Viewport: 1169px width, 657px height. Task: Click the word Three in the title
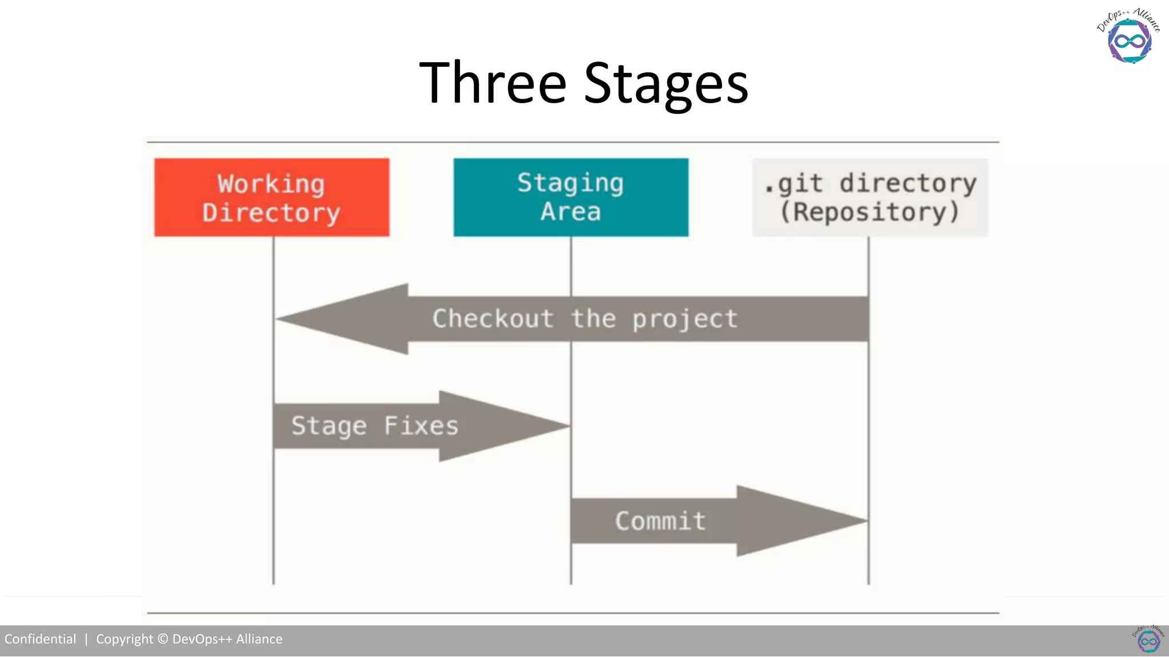[492, 83]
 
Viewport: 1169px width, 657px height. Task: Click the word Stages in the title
[666, 84]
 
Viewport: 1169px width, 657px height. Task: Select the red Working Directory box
[272, 197]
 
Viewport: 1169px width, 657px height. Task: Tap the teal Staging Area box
[571, 197]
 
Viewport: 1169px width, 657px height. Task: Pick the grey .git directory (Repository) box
[870, 197]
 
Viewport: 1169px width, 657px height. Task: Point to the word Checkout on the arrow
[493, 318]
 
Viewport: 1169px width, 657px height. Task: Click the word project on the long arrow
[684, 319]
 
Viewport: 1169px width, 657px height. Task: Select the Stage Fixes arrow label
[374, 426]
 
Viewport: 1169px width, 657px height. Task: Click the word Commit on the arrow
[660, 521]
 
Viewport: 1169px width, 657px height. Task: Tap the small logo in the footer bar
[1148, 639]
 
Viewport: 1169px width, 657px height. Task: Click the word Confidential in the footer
[40, 639]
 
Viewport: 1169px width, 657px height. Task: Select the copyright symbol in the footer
[163, 639]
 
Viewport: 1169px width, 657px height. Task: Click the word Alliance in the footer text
[259, 639]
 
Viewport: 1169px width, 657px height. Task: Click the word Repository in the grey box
[869, 212]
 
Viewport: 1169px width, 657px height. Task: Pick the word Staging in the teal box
[570, 183]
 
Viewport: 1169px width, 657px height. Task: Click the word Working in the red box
[271, 184]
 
